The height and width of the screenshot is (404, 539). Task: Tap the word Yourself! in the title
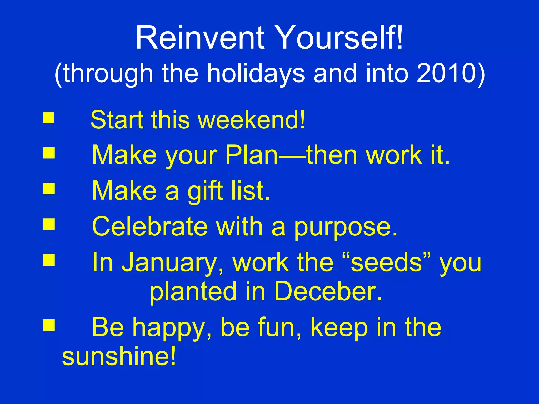coord(340,38)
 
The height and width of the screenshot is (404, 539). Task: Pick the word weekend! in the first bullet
coord(251,120)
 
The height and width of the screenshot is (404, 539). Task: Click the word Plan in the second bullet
coord(251,155)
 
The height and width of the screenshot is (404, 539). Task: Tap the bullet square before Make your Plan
coord(49,153)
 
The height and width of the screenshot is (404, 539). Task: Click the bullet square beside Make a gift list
coord(49,188)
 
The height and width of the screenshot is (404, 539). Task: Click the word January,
coord(172,263)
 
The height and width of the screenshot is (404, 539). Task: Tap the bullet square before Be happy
coord(49,325)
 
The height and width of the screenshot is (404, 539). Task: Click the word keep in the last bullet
coord(340,328)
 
